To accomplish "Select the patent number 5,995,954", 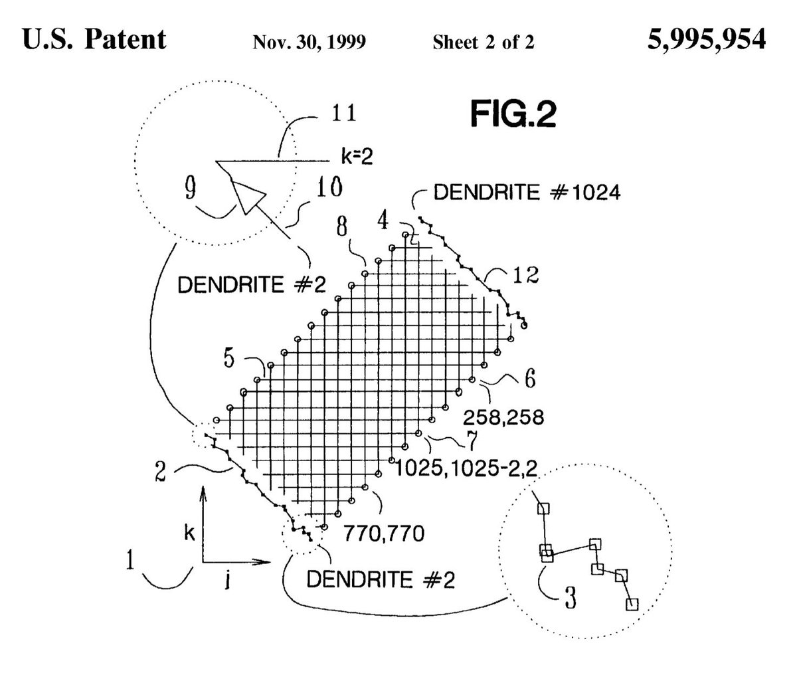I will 705,41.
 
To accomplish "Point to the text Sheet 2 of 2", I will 484,43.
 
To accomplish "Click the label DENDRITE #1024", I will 526,193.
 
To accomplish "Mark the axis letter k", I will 189,534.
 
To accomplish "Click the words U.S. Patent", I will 94,41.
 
